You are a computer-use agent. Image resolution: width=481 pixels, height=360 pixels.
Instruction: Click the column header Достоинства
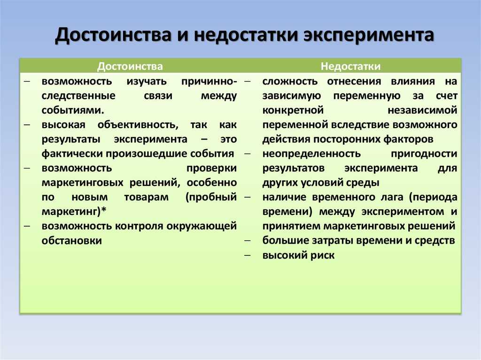click(130, 66)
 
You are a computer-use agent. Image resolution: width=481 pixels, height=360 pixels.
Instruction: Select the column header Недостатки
click(350, 66)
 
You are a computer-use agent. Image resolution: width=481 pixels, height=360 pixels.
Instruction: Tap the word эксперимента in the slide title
click(369, 35)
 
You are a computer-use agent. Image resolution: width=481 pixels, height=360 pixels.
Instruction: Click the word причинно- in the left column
click(209, 81)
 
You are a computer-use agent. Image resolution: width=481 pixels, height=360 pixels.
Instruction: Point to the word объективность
click(138, 125)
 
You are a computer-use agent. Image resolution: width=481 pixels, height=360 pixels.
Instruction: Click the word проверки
click(212, 168)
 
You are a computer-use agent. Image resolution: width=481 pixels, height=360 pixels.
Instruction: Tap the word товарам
click(147, 197)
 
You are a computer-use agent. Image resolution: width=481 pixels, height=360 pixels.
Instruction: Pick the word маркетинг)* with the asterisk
click(74, 212)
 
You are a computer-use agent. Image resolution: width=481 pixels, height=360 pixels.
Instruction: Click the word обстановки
click(72, 240)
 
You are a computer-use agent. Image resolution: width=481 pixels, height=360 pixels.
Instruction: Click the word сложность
click(290, 81)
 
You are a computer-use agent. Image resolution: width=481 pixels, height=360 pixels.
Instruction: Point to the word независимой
click(422, 110)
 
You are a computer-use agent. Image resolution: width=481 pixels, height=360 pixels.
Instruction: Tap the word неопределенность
click(311, 153)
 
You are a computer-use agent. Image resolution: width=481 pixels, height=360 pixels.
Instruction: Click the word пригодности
click(424, 153)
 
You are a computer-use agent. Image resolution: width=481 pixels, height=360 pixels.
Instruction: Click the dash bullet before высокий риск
click(247, 255)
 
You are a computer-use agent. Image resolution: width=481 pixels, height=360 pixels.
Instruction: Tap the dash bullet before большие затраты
click(247, 240)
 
